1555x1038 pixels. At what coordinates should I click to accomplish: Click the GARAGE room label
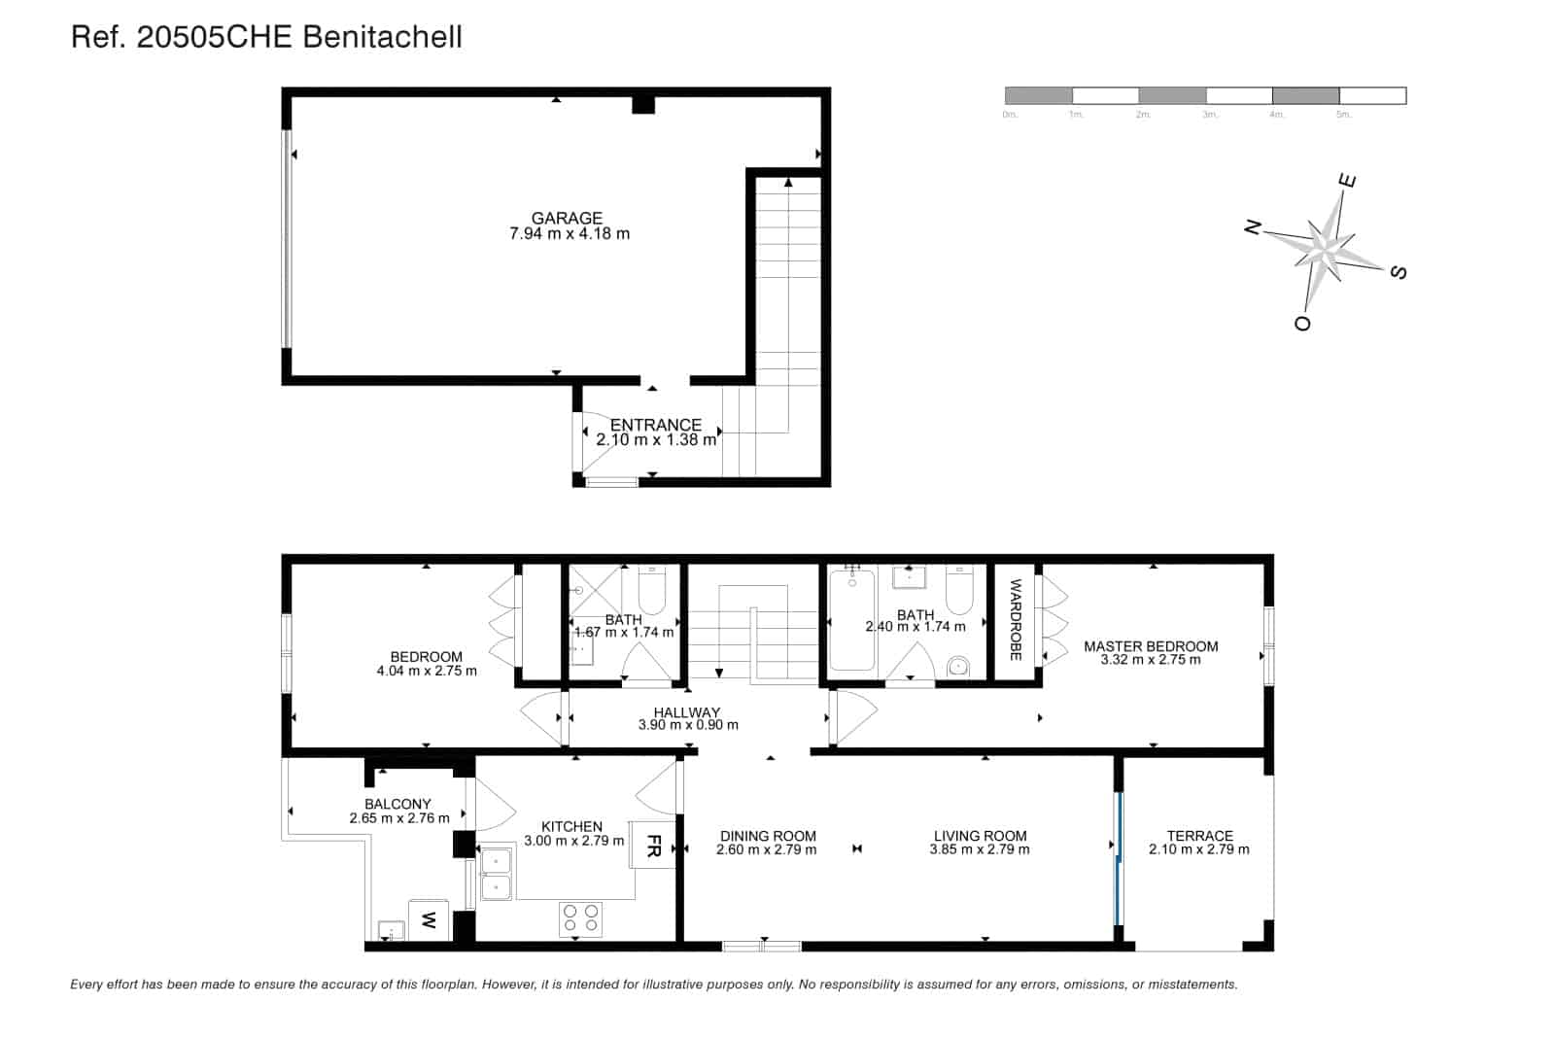click(x=567, y=218)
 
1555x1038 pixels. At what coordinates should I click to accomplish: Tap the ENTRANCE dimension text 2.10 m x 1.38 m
click(x=656, y=440)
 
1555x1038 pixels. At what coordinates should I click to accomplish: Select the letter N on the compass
click(x=1253, y=228)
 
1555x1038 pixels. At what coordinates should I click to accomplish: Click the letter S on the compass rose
click(x=1399, y=272)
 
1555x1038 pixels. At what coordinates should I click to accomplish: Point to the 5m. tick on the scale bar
click(x=1343, y=115)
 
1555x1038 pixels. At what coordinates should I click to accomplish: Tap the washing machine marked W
click(x=430, y=919)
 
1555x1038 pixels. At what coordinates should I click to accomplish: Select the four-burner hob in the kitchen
click(x=580, y=919)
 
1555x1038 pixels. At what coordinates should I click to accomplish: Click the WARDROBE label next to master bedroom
click(x=1016, y=620)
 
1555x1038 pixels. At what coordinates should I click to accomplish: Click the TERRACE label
click(x=1199, y=835)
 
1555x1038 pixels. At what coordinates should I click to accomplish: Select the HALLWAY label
click(x=687, y=712)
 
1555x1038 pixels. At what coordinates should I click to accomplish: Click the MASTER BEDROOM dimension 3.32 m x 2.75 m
click(x=1150, y=660)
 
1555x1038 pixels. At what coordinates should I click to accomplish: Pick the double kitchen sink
click(x=496, y=874)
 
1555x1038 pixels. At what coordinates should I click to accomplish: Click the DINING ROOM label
click(x=767, y=835)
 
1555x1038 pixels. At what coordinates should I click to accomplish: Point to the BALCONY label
click(x=397, y=804)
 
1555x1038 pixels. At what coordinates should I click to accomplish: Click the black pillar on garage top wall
click(x=642, y=104)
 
